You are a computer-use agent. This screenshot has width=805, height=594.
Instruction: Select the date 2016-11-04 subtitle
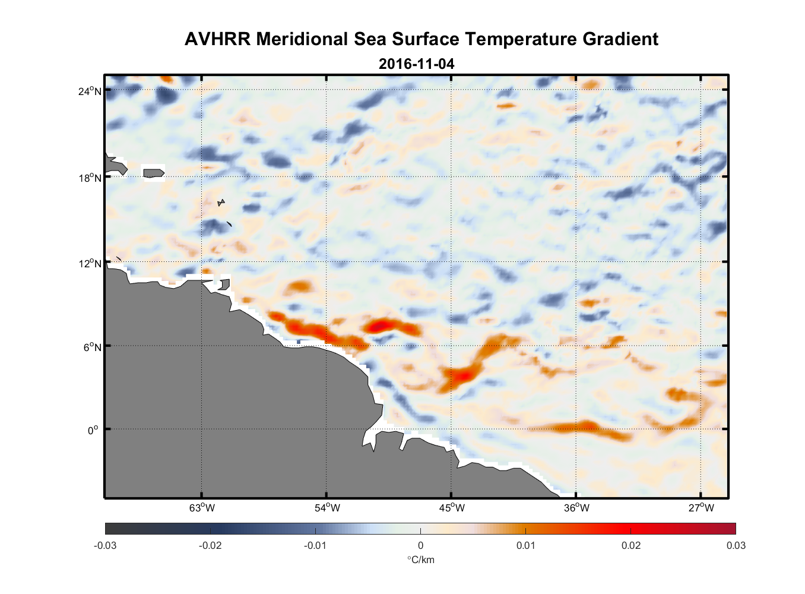(416, 64)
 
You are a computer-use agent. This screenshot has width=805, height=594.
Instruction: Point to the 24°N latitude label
(90, 91)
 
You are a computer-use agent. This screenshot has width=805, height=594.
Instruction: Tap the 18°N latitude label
(90, 178)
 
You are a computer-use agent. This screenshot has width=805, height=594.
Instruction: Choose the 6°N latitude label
(92, 347)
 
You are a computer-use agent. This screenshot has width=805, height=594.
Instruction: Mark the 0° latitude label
(93, 430)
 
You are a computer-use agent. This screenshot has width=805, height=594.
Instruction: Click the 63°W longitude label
(202, 508)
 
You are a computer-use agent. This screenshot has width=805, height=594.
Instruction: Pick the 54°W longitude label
(327, 508)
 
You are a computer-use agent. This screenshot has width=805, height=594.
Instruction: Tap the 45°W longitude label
(452, 508)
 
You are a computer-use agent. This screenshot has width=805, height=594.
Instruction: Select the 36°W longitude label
(576, 508)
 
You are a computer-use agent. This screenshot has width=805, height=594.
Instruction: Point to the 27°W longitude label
(701, 508)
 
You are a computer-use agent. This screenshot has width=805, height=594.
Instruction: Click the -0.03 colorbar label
(105, 545)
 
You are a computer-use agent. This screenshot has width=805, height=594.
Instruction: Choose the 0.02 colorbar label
(631, 545)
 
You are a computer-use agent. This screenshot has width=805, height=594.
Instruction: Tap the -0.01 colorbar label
(315, 545)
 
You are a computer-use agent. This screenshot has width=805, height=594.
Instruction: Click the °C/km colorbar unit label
(420, 560)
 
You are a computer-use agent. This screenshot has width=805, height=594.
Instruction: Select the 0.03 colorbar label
(736, 545)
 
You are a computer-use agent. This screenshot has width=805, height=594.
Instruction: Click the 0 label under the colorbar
(420, 545)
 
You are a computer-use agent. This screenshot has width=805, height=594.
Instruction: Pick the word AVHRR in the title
(217, 39)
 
